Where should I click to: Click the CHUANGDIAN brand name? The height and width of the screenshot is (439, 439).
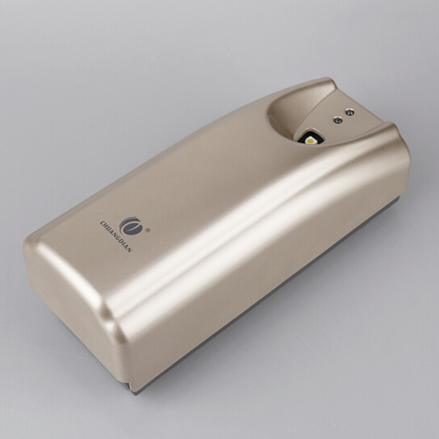[x=116, y=237]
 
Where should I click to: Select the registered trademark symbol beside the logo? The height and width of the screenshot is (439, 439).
[x=148, y=230]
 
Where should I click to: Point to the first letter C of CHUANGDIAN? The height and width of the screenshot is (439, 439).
[x=103, y=223]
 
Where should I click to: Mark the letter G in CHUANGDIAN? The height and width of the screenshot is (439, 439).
[x=117, y=238]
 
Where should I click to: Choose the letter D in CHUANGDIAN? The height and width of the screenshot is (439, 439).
[x=121, y=241]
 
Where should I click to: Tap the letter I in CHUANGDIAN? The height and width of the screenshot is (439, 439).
[x=123, y=244]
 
